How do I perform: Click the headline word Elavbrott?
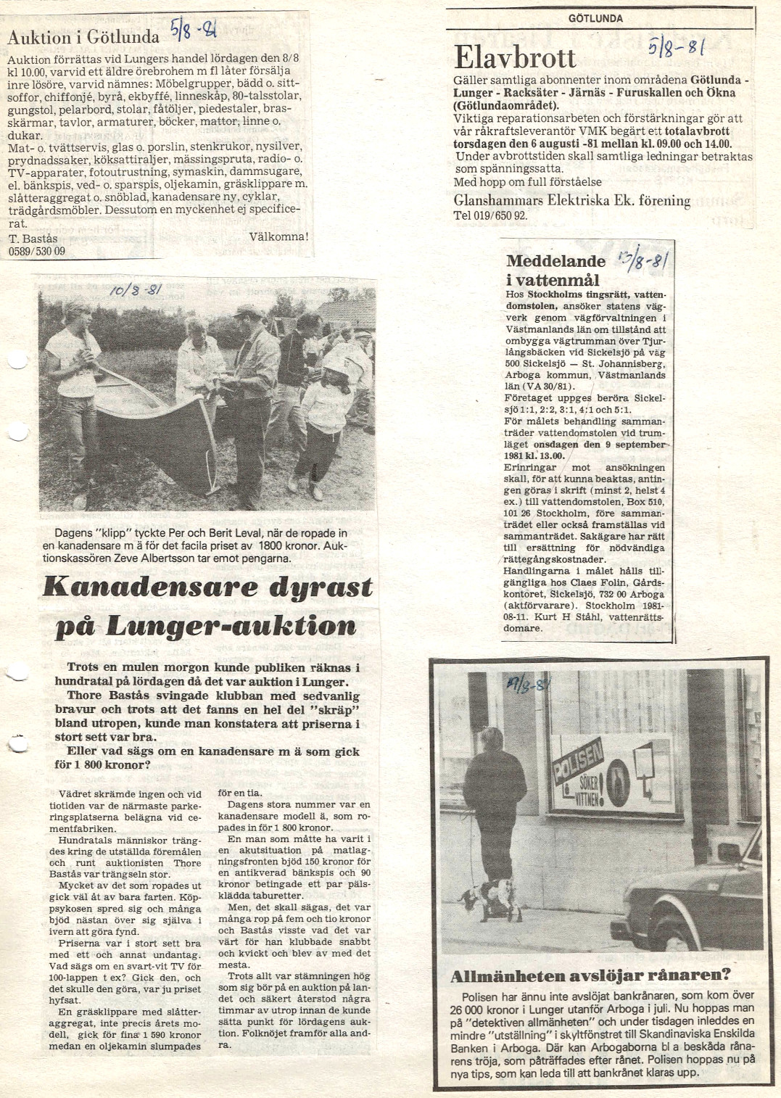514,57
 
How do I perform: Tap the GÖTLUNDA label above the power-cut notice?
595,18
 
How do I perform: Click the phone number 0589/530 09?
36,251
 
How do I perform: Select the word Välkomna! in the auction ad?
278,236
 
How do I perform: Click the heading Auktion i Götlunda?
83,37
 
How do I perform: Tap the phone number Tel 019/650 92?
490,215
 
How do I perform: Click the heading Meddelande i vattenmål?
555,270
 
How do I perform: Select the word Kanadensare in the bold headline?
149,587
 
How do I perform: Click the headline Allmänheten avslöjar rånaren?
590,975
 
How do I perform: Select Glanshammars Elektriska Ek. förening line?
571,200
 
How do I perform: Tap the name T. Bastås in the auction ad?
33,239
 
